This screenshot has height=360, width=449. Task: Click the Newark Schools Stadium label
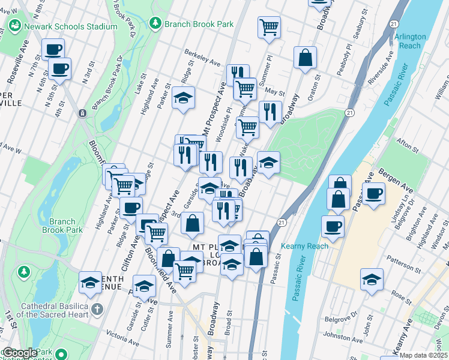[x=70, y=26]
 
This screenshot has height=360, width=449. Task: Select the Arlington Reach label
[x=411, y=41]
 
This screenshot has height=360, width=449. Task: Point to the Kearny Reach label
[x=304, y=246]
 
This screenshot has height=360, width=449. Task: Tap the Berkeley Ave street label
[x=203, y=59]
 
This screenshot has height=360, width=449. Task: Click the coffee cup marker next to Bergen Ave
[x=373, y=193]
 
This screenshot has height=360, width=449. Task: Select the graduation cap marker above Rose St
[x=372, y=279]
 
